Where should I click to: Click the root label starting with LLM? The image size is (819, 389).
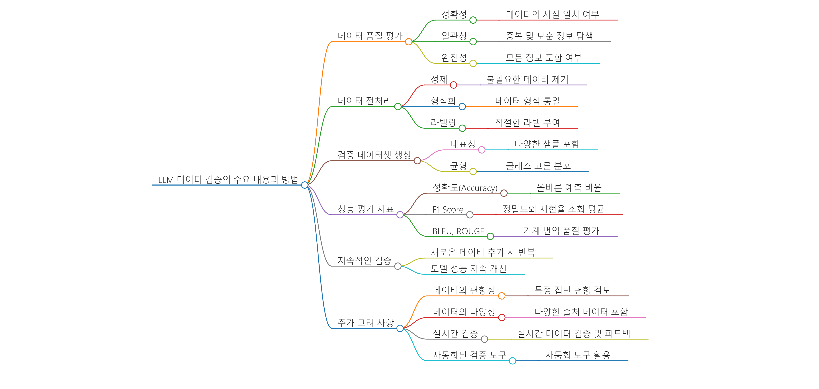pyautogui.click(x=228, y=180)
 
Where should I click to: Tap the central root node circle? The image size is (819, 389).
pyautogui.click(x=305, y=185)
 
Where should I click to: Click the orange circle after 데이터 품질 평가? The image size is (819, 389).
pyautogui.click(x=409, y=42)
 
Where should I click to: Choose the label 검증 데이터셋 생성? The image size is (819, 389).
pyautogui.click(x=374, y=155)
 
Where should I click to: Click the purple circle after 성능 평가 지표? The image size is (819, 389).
pyautogui.click(x=400, y=215)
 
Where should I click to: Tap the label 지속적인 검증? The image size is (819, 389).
pyautogui.click(x=364, y=261)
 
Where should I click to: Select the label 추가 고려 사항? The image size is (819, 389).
pyautogui.click(x=366, y=323)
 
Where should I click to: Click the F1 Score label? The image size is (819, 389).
pyautogui.click(x=448, y=210)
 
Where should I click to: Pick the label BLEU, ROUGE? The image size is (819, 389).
pyautogui.click(x=458, y=231)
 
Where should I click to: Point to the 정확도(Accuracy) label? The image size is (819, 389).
pyautogui.click(x=465, y=188)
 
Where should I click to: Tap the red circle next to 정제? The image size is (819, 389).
pyautogui.click(x=454, y=85)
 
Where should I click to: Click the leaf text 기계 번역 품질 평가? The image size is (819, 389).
pyautogui.click(x=561, y=231)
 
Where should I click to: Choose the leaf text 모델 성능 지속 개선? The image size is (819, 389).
pyautogui.click(x=468, y=269)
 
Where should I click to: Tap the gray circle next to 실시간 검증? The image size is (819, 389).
pyautogui.click(x=484, y=339)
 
